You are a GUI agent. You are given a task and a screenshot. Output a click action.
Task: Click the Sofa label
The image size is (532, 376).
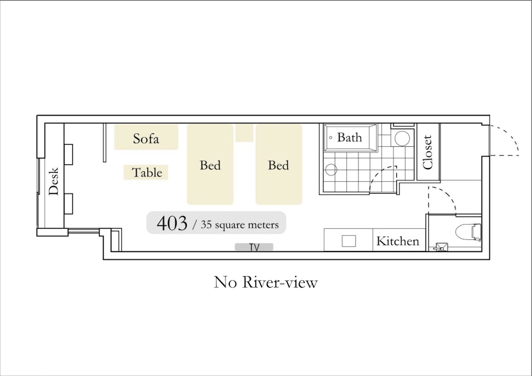[146, 138]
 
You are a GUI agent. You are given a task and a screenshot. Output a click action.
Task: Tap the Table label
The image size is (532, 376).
[147, 172]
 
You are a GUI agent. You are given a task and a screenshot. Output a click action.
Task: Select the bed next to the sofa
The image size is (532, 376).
[210, 164]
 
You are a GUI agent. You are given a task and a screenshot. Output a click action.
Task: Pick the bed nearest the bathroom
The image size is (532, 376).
[279, 164]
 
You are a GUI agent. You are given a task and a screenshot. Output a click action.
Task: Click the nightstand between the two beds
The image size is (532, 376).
[244, 133]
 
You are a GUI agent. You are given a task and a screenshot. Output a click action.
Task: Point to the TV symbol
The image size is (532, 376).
[254, 247]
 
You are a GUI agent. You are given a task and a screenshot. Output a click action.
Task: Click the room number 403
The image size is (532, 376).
[172, 223]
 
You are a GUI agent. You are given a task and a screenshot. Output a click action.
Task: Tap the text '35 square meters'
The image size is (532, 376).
[239, 225]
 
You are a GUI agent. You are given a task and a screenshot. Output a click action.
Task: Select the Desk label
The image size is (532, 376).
[54, 181]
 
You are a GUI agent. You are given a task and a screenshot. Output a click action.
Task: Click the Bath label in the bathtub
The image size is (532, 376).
[350, 137]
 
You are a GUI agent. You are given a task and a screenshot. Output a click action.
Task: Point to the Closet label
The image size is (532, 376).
[428, 152]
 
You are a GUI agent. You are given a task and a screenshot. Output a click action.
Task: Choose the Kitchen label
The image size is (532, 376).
[397, 241]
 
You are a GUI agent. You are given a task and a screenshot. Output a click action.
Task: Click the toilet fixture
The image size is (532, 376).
[468, 232]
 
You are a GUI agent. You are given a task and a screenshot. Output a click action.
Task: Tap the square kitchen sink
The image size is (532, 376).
[349, 241]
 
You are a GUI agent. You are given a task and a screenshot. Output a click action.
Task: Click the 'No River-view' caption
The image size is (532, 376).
[265, 282]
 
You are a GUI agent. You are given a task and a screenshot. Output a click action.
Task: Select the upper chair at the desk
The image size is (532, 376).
[68, 155]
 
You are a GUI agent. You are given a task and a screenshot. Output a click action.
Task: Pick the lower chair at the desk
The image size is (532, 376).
[68, 204]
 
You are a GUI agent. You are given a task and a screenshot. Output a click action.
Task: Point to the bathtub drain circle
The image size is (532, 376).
[331, 138]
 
